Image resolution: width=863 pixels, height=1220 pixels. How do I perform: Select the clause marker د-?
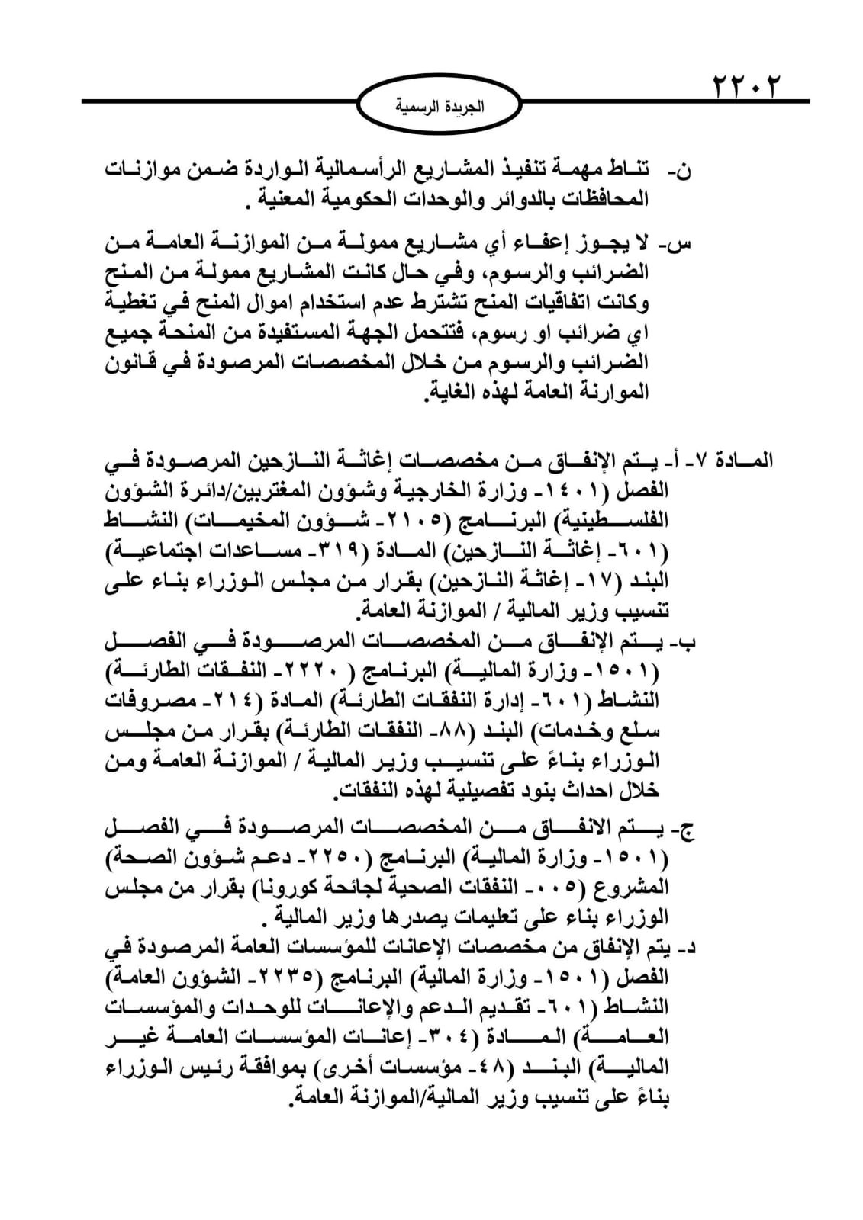coord(685,949)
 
